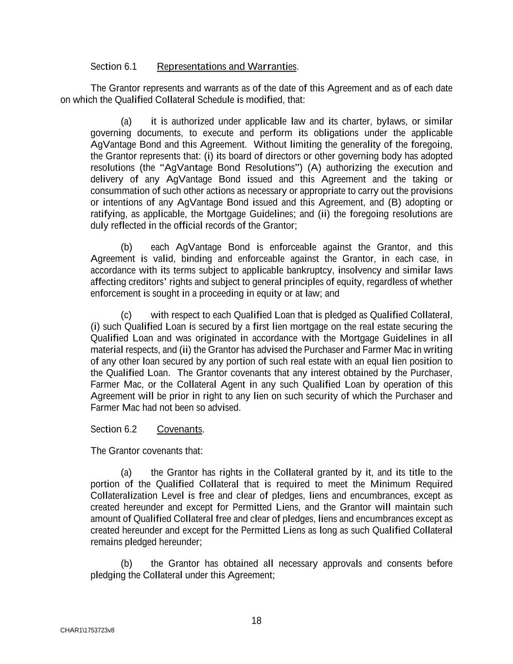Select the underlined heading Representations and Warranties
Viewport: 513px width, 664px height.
tap(227, 67)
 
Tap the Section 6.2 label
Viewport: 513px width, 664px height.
tap(114, 429)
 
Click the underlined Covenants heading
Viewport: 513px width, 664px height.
tap(180, 429)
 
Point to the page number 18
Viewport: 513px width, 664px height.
tap(256, 621)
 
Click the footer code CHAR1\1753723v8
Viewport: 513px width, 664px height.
tap(88, 630)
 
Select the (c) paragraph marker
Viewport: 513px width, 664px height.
tap(126, 315)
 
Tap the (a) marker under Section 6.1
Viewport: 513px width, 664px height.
tap(126, 121)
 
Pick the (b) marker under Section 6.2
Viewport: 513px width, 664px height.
tap(126, 564)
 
